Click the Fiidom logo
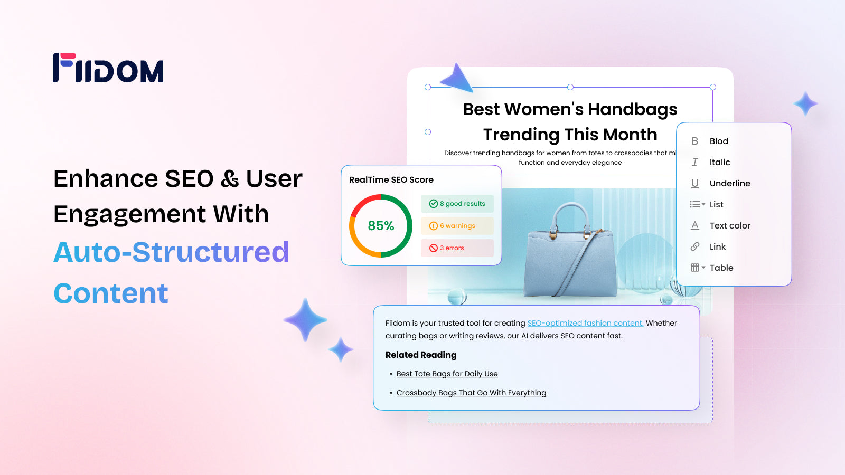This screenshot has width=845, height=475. (x=108, y=68)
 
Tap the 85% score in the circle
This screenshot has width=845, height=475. (x=381, y=226)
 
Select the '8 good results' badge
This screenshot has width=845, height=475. (x=457, y=204)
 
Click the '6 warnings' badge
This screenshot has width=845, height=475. (x=457, y=226)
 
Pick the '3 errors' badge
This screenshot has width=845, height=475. (x=457, y=248)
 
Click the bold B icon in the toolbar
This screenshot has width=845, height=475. (x=694, y=141)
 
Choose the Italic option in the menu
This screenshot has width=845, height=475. (x=719, y=162)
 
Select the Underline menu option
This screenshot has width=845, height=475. (x=729, y=183)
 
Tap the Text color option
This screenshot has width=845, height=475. (x=729, y=225)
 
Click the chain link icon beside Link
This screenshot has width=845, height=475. (x=695, y=246)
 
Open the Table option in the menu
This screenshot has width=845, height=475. (x=721, y=268)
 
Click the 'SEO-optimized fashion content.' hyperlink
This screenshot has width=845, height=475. (x=585, y=323)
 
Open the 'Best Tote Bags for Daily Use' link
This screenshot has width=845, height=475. (x=447, y=374)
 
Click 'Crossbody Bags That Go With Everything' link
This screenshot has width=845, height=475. (x=471, y=393)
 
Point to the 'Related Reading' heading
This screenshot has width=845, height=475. (x=420, y=355)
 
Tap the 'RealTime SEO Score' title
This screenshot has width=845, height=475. (x=391, y=180)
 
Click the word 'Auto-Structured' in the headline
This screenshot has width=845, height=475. (x=171, y=252)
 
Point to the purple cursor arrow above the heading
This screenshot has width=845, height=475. (x=457, y=79)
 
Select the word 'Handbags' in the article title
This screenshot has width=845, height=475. (x=632, y=110)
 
